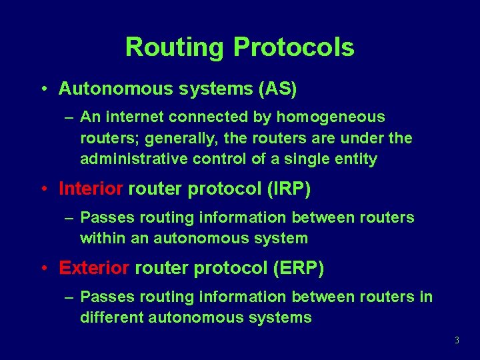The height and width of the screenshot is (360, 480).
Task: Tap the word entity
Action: (357, 159)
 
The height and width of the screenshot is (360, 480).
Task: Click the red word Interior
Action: (91, 189)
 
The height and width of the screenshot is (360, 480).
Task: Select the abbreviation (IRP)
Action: (288, 189)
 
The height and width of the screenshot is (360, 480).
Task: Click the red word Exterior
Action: (94, 269)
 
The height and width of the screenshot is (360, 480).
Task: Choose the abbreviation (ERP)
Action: (298, 269)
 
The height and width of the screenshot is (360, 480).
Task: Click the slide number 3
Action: (457, 341)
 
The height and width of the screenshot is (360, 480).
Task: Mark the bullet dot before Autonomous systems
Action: (43, 89)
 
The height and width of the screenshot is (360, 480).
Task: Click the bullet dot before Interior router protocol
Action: (43, 190)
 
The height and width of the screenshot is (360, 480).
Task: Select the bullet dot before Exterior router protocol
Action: (43, 269)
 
